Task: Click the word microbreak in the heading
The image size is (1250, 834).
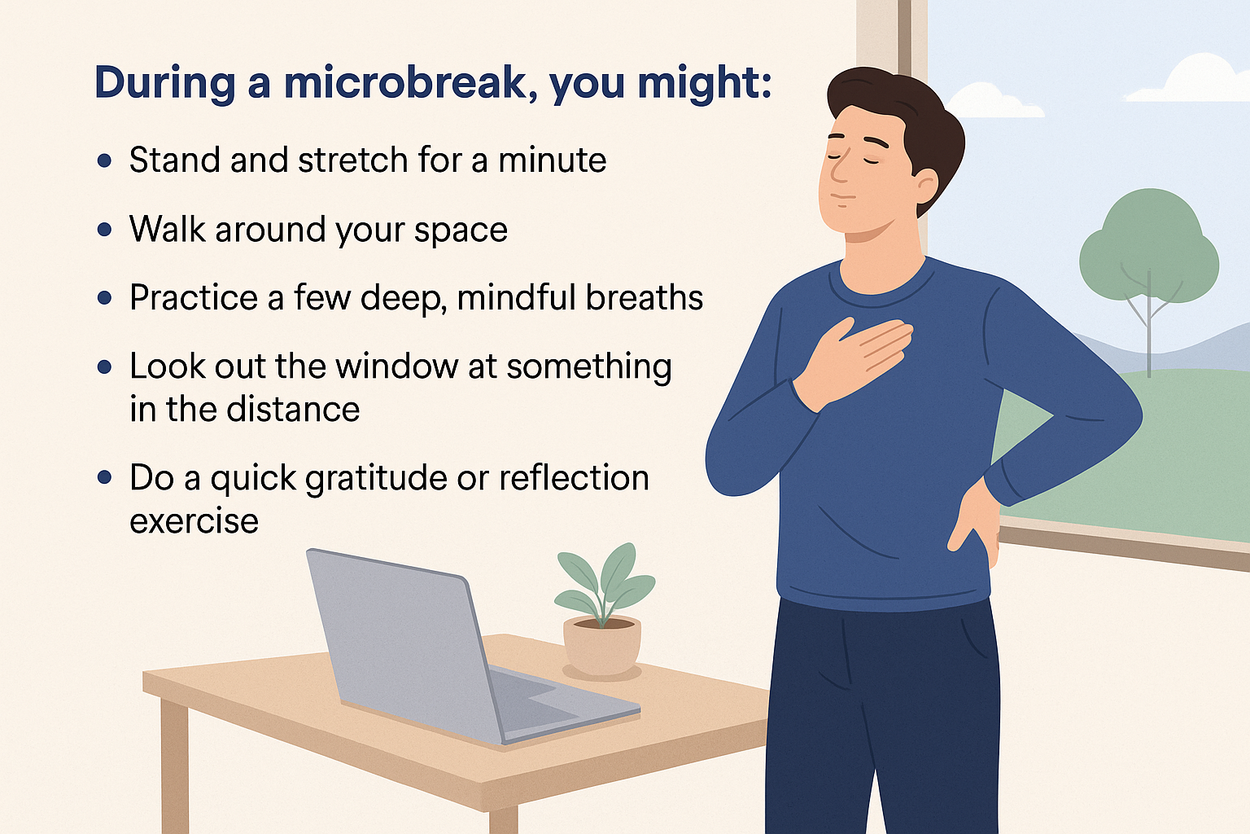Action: tap(405, 83)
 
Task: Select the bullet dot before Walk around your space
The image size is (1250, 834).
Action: tap(104, 230)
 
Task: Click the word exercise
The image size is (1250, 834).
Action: tap(194, 521)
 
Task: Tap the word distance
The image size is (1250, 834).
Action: tap(293, 409)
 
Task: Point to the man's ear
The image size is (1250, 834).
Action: tap(926, 187)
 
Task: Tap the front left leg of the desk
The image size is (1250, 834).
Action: tap(175, 766)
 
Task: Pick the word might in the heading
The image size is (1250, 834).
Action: tap(705, 83)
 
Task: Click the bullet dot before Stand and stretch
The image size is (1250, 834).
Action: tap(104, 161)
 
